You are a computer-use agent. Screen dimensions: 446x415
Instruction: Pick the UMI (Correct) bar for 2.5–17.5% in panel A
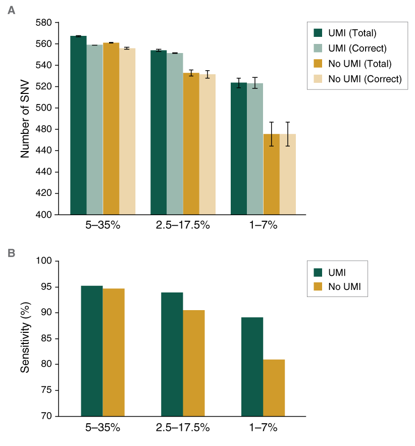(x=175, y=134)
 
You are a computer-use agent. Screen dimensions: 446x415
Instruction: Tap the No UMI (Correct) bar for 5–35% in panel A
(x=127, y=131)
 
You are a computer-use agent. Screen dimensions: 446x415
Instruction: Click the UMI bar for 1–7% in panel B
(x=252, y=367)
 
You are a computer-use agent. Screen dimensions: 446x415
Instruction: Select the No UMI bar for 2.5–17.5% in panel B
(x=193, y=363)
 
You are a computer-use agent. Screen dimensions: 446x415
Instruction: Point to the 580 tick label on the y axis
(x=44, y=23)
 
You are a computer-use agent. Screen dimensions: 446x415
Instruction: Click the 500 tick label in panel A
(x=44, y=108)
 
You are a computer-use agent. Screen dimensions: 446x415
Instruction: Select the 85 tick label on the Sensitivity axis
(x=47, y=339)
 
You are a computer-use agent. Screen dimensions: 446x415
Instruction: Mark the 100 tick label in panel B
(x=45, y=262)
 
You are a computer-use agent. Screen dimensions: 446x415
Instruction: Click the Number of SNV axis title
(x=25, y=119)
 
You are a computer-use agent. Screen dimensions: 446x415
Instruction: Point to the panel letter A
(x=11, y=10)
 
